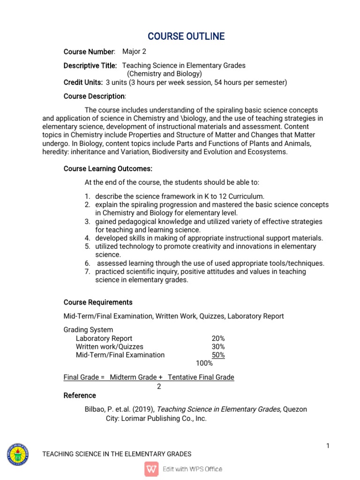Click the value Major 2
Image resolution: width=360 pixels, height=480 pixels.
pyautogui.click(x=134, y=52)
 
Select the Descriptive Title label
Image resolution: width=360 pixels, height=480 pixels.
pyautogui.click(x=90, y=66)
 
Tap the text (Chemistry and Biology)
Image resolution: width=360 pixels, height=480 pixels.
pyautogui.click(x=165, y=74)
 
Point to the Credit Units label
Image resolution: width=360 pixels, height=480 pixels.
pyautogui.click(x=83, y=82)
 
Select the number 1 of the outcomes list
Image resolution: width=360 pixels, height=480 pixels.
pyautogui.click(x=87, y=196)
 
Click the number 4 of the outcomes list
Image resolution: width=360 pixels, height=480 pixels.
pyautogui.click(x=87, y=238)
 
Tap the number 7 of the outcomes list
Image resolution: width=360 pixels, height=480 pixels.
pyautogui.click(x=87, y=272)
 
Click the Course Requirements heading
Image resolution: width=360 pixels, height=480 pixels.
pyautogui.click(x=98, y=302)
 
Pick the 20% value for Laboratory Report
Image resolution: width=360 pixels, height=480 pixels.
pyautogui.click(x=218, y=338)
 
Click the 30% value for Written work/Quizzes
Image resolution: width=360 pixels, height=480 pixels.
pyautogui.click(x=218, y=347)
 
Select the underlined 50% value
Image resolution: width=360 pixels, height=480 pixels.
pyautogui.click(x=218, y=355)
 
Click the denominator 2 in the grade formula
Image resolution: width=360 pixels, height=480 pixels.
pyautogui.click(x=159, y=387)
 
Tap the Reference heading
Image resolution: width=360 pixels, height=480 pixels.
pyautogui.click(x=80, y=396)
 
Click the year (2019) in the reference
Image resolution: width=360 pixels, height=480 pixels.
pyautogui.click(x=138, y=410)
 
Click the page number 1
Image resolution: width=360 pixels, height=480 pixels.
pyautogui.click(x=328, y=446)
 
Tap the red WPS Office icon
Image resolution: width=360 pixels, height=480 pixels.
pyautogui.click(x=151, y=469)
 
